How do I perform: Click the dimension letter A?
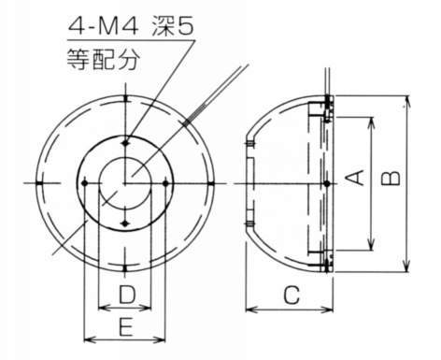pyautogui.click(x=355, y=178)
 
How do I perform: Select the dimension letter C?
pyautogui.click(x=292, y=295)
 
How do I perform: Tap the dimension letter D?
pyautogui.click(x=127, y=295)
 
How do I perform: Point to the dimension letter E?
pyautogui.click(x=126, y=326)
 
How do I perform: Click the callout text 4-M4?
pyautogui.click(x=103, y=27)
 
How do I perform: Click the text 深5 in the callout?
pyautogui.click(x=173, y=26)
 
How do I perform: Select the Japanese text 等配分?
pyautogui.click(x=102, y=59)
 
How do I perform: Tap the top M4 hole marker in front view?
pyautogui.click(x=125, y=143)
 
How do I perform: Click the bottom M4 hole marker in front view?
pyautogui.click(x=125, y=223)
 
